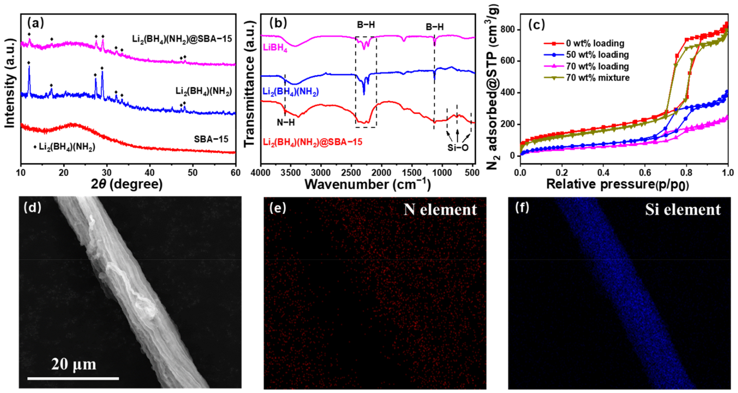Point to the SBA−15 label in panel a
211,139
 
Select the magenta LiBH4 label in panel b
275,48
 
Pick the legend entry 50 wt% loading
597,55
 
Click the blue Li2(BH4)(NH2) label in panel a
203,91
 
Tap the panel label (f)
522,207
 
